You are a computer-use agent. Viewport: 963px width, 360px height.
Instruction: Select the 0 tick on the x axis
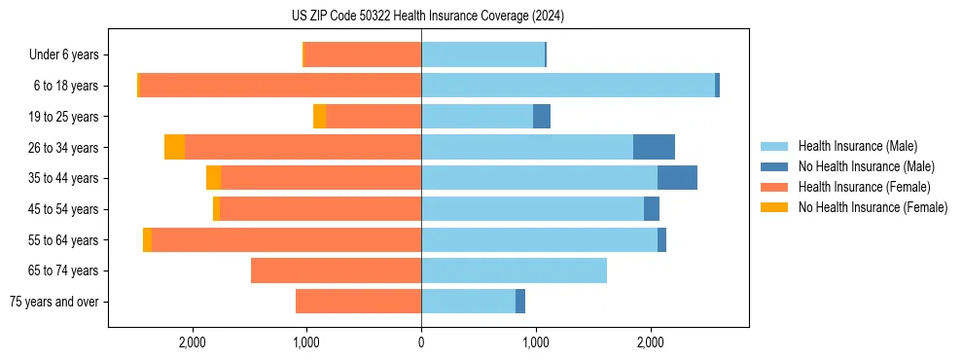click(x=421, y=342)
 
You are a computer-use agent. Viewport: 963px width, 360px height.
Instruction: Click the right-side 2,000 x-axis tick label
click(x=651, y=342)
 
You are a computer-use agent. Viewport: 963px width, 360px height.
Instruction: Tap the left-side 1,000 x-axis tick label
click(x=306, y=342)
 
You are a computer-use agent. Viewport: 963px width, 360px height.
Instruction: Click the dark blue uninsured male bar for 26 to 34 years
click(x=654, y=147)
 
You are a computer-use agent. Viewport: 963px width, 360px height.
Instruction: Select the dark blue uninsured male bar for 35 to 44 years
click(x=677, y=178)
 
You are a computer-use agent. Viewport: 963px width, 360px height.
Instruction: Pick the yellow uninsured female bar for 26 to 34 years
click(x=174, y=147)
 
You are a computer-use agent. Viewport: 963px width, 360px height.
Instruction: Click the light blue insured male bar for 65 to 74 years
click(x=514, y=270)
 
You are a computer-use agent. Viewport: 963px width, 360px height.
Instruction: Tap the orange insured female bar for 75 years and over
click(x=358, y=302)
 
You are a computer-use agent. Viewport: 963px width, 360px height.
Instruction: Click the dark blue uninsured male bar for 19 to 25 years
click(x=542, y=117)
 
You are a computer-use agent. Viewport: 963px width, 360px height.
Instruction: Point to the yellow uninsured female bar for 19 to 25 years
click(x=319, y=117)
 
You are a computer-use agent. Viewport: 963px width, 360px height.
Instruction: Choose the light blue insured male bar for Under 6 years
click(x=482, y=55)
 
